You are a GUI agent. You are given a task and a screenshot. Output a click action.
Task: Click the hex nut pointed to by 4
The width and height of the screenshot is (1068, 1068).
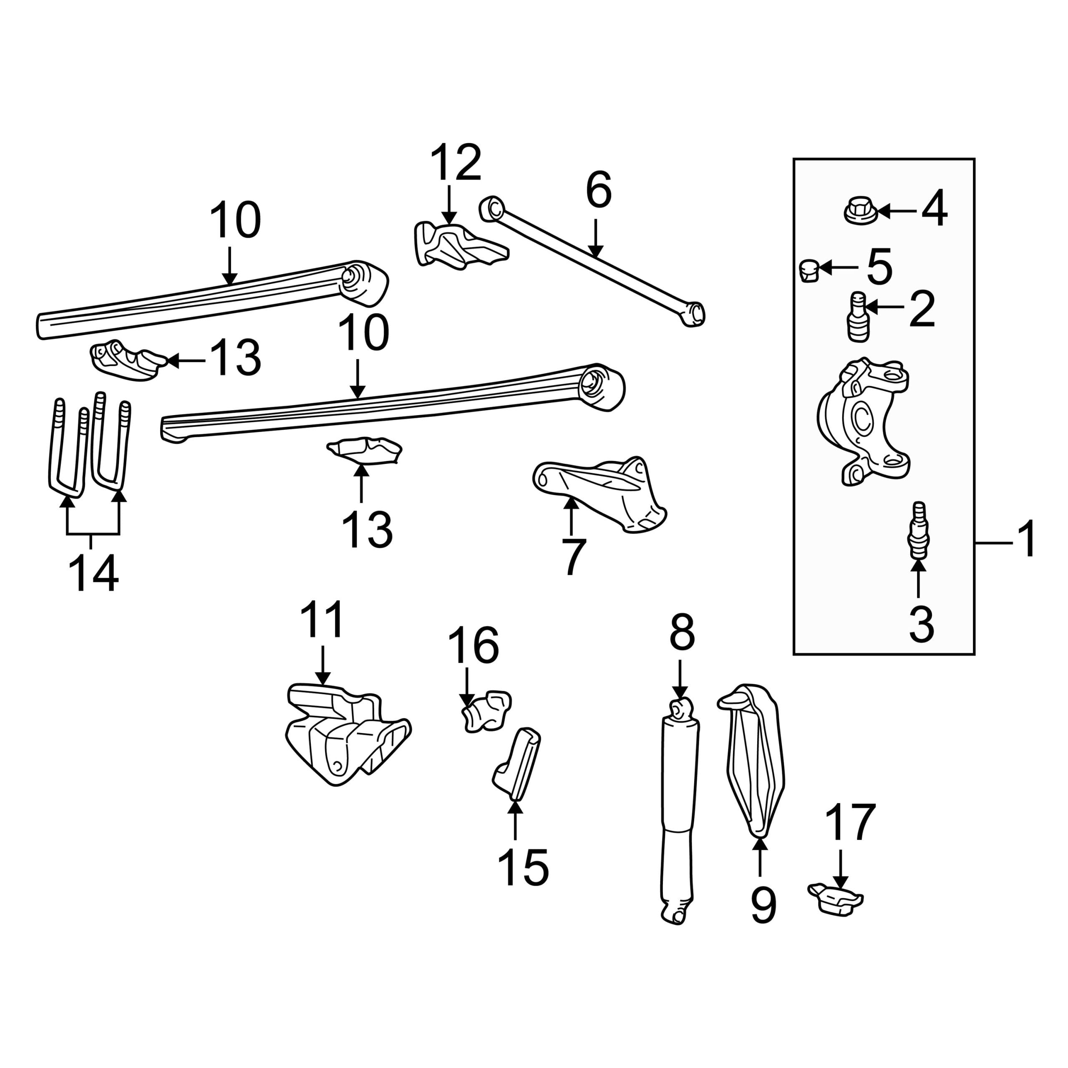tap(861, 211)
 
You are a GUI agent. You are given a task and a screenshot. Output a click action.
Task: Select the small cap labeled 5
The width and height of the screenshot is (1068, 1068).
tap(809, 270)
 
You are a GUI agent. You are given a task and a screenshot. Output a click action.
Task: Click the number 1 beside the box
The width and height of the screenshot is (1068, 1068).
tap(1027, 539)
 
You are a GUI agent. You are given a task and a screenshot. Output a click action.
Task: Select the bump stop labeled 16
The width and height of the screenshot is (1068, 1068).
tap(486, 711)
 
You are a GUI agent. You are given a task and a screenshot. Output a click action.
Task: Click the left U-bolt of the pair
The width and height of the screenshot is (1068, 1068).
tap(68, 448)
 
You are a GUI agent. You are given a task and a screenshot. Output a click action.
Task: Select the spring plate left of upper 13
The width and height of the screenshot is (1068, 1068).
tap(128, 360)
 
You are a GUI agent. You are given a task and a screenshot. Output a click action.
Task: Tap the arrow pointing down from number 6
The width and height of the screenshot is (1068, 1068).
tap(595, 239)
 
